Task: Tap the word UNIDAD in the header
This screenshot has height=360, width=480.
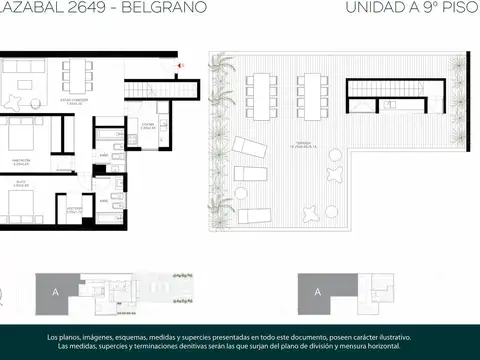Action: click(350, 8)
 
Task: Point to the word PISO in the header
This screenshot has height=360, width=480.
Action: click(457, 8)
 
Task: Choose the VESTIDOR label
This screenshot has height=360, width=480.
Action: click(74, 211)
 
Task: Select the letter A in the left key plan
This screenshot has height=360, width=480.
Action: click(50, 292)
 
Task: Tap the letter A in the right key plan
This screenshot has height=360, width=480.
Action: click(316, 292)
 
